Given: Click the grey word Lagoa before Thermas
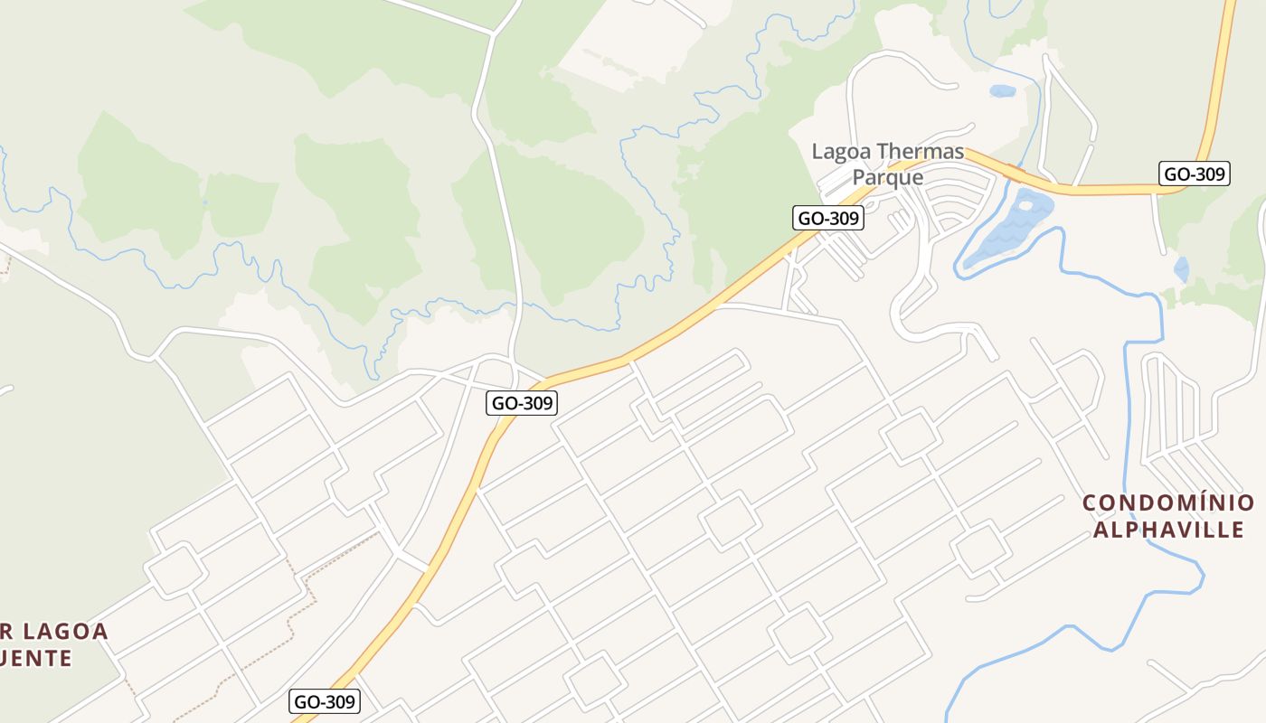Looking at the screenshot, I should (842, 151).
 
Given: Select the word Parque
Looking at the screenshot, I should (888, 176).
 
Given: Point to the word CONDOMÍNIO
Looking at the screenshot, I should (1168, 502).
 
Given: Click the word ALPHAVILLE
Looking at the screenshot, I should (1168, 529).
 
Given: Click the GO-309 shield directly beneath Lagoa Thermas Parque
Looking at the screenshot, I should (827, 218).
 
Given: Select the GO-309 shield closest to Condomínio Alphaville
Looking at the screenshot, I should (1195, 174).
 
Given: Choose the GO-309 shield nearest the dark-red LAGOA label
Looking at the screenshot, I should (326, 701).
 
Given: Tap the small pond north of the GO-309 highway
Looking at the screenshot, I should (1002, 91).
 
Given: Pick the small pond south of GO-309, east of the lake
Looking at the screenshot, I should (1181, 268).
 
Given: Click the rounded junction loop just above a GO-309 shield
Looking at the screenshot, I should (496, 370).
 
